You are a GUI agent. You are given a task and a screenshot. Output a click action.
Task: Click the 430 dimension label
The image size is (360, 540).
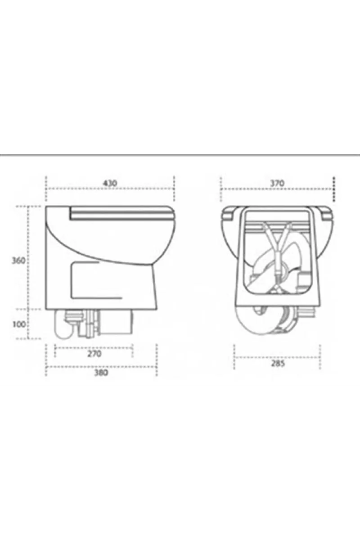click(x=110, y=183)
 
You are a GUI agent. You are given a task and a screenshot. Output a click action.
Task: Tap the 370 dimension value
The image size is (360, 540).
click(x=277, y=183)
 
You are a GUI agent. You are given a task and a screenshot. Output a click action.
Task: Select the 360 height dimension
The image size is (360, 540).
click(x=18, y=261)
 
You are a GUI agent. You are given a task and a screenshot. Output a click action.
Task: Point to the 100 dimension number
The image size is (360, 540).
click(x=19, y=324)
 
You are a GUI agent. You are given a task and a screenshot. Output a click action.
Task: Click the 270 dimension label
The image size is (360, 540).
click(x=94, y=354)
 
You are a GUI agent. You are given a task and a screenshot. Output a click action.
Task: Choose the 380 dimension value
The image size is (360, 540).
click(x=101, y=373)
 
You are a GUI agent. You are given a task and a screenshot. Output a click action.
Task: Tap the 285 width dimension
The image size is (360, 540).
click(x=278, y=364)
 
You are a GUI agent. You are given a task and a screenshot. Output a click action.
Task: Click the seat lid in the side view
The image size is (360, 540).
click(x=122, y=212)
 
